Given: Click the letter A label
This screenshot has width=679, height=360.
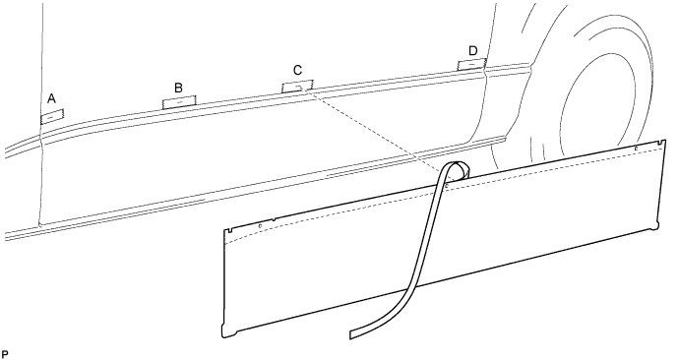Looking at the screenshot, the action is (51, 98).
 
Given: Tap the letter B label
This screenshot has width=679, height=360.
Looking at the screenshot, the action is (178, 88).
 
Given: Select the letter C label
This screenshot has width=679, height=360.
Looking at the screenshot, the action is (297, 70).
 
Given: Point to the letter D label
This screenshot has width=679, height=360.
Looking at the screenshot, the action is (473, 50).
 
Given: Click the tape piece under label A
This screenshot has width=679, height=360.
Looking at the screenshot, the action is (51, 115).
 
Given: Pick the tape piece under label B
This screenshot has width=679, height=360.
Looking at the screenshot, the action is (179, 100).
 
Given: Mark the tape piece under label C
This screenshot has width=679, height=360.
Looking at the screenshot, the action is (297, 87).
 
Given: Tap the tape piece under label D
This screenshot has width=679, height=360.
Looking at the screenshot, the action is (472, 64).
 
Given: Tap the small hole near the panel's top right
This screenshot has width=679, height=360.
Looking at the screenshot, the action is (636, 150).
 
